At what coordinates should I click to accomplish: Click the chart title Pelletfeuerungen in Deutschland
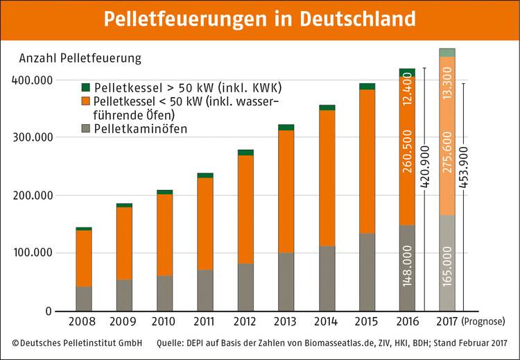click(260, 19)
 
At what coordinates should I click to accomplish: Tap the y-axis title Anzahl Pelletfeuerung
click(80, 58)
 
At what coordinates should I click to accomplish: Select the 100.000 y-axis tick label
click(32, 253)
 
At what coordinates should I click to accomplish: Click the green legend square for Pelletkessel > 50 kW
click(86, 88)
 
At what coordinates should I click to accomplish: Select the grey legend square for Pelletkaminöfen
click(86, 128)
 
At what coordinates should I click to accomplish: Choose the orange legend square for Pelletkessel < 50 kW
click(86, 101)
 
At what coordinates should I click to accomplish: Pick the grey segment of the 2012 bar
click(245, 287)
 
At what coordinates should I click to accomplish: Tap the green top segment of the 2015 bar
click(367, 87)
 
